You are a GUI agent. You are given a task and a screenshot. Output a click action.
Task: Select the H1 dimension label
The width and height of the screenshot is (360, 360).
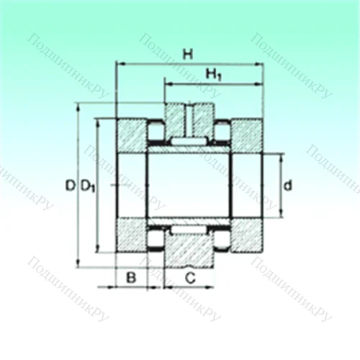pyautogui.click(x=213, y=73)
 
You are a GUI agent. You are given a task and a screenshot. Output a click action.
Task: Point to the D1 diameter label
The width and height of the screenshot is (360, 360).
pyautogui.click(x=87, y=186)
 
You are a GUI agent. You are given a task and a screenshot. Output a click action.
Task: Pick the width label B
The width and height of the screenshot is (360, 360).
pyautogui.click(x=131, y=276)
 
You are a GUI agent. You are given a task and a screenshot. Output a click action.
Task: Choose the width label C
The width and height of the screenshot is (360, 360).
pyautogui.click(x=190, y=276)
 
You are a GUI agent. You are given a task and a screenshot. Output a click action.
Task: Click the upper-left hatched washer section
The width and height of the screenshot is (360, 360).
pyautogui.click(x=131, y=135)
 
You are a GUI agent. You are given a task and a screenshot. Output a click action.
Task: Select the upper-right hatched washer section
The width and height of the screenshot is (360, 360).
pyautogui.click(x=246, y=135)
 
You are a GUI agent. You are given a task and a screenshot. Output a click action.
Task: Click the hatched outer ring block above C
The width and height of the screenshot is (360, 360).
pyautogui.click(x=190, y=252)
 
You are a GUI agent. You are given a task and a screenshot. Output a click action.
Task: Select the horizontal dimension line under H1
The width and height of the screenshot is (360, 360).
pyautogui.click(x=213, y=84)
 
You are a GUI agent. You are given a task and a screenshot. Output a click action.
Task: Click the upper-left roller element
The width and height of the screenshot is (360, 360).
pyautogui.click(x=155, y=131)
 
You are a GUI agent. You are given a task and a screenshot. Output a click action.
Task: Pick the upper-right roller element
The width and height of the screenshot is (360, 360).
pyautogui.click(x=223, y=131)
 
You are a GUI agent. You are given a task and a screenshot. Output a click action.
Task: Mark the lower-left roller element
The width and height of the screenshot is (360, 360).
pyautogui.click(x=155, y=238)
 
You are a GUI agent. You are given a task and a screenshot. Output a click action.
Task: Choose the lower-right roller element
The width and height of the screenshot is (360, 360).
pyautogui.click(x=223, y=238)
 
